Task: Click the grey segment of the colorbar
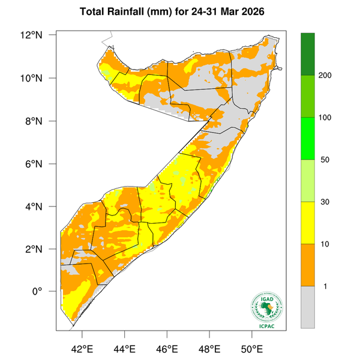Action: (308, 307)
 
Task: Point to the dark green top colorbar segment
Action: (308, 54)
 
